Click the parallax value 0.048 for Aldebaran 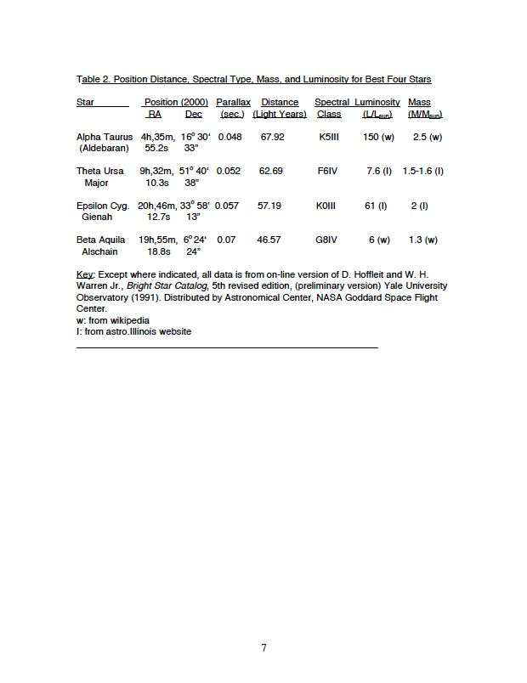point(229,137)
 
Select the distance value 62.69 point(271,171)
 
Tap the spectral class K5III point(329,137)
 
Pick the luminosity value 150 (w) point(378,137)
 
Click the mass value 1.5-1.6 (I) point(423,171)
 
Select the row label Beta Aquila point(101,240)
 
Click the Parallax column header point(233,103)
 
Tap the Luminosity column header point(377,103)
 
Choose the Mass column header point(419,103)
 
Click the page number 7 point(263,648)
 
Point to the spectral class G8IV point(326,240)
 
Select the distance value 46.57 point(269,240)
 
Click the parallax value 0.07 point(226,240)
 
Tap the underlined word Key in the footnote point(84,274)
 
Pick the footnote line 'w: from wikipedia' point(113,320)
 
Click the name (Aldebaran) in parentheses point(103,148)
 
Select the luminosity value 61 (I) point(376,206)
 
